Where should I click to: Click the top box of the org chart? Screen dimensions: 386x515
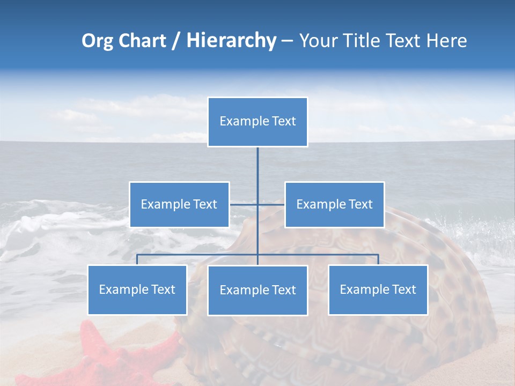coord(257,122)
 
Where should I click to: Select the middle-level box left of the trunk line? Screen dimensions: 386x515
coord(179,204)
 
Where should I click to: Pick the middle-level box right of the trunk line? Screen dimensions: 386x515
coord(334,204)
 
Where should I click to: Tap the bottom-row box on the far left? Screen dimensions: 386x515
coord(137,289)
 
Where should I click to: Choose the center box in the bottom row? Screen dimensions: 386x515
coord(257,290)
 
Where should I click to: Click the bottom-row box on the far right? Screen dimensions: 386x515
coord(378,289)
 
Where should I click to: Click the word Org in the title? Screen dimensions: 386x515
coord(97,41)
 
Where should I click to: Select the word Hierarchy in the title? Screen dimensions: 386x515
coord(231,41)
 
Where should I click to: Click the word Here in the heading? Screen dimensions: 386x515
coord(446,41)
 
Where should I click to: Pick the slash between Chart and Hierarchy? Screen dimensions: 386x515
coord(175,41)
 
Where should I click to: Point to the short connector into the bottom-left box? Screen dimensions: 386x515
coord(137,259)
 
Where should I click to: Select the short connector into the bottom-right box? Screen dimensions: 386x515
coord(378,259)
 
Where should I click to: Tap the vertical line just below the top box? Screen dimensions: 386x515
coord(257,161)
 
